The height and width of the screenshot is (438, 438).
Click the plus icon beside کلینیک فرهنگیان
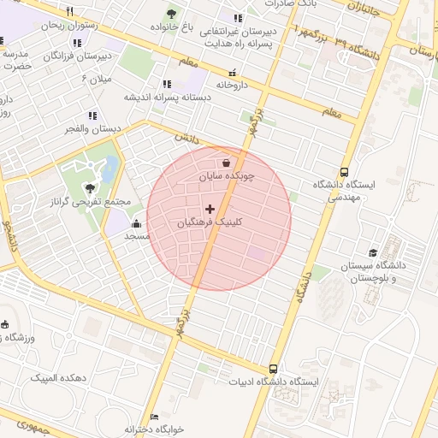tap(210, 209)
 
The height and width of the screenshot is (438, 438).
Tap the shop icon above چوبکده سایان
tap(225, 163)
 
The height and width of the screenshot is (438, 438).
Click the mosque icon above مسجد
tap(137, 225)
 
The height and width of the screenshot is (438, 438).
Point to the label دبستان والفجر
tap(93, 128)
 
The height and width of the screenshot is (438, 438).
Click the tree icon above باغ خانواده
tap(172, 14)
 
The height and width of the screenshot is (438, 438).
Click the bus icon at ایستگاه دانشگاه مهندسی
tap(344, 171)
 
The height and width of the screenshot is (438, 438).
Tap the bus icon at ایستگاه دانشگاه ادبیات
tap(273, 369)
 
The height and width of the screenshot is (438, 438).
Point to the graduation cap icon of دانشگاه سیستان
tap(372, 253)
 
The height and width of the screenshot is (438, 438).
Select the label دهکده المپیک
tap(60, 377)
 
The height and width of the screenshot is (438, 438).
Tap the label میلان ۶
tap(97, 79)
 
